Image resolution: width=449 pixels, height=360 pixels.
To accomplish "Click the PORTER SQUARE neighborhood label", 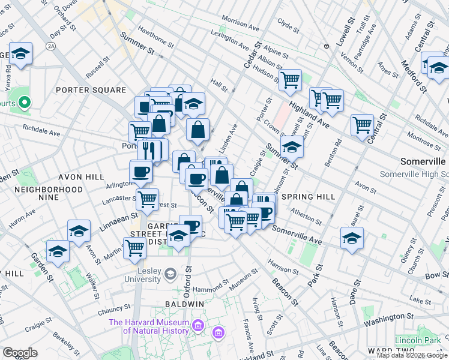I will (x=91, y=90).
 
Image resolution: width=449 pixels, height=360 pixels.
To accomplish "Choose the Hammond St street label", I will (x=203, y=289).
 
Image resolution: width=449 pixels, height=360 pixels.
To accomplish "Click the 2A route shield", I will (x=51, y=46).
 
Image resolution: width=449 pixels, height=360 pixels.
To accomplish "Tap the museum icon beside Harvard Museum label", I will (x=217, y=332).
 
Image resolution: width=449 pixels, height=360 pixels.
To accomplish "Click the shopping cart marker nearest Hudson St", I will (x=291, y=79).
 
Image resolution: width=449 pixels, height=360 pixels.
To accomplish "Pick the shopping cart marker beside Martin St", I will (x=134, y=248).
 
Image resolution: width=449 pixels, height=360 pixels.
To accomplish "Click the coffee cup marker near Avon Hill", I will (x=141, y=172).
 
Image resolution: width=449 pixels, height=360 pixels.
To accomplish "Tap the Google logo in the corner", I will (x=20, y=353).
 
